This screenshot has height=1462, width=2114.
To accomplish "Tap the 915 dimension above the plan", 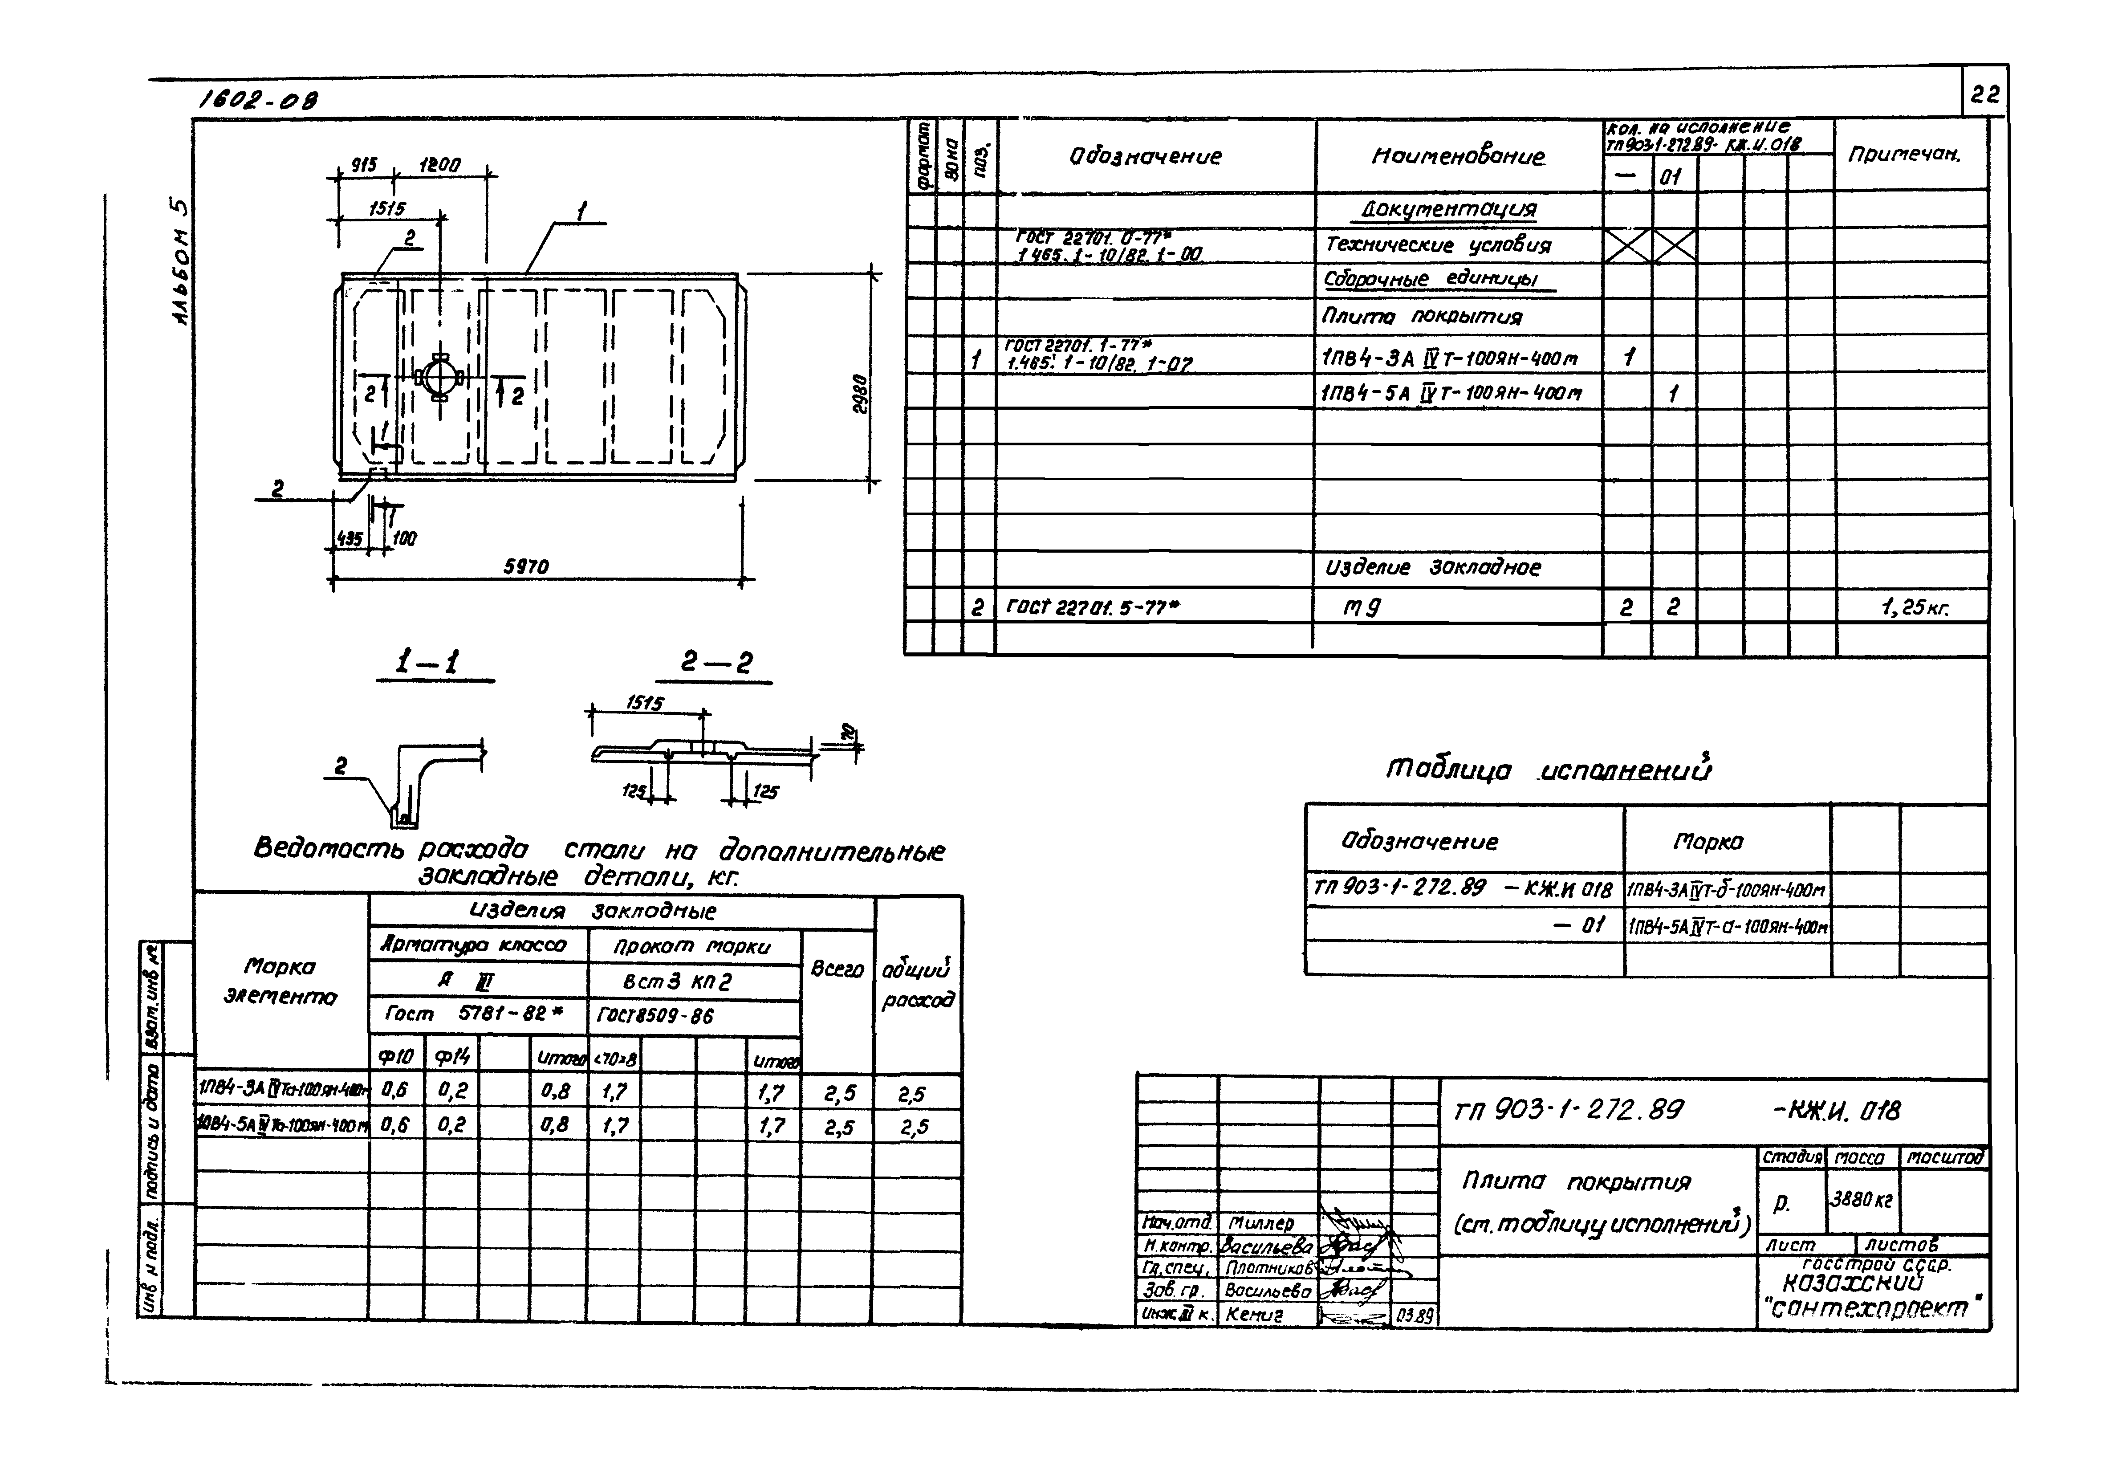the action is (x=364, y=166).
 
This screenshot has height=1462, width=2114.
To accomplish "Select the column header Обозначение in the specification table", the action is (x=1145, y=157).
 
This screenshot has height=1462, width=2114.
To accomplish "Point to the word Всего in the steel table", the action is (x=836, y=969).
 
